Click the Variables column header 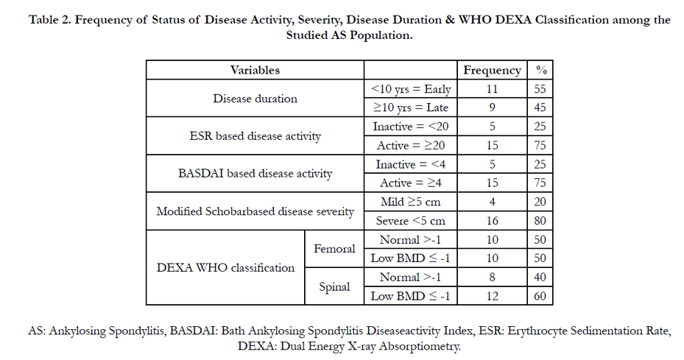[255, 70]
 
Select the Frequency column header [492, 70]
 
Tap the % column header [541, 70]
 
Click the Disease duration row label [255, 99]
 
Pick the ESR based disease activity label [255, 136]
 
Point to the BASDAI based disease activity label [255, 174]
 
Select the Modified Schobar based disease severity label [255, 211]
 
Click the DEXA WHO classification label [225, 267]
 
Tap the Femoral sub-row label [334, 249]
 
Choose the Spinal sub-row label [334, 286]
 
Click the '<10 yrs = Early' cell [411, 89]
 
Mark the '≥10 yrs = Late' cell [411, 107]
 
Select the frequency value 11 [492, 89]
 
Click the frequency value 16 [492, 221]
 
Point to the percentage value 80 [540, 221]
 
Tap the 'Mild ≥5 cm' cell [411, 202]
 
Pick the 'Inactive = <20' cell [411, 127]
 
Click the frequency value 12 [492, 296]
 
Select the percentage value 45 [540, 107]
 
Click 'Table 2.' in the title [49, 20]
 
